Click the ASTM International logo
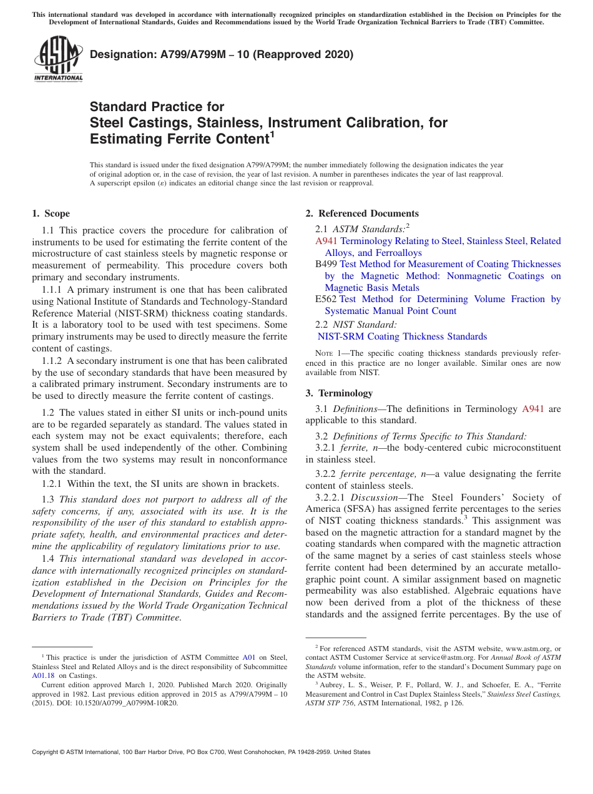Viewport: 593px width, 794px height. (x=58, y=60)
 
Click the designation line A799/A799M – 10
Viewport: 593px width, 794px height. (x=222, y=54)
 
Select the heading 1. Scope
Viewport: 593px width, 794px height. (x=51, y=213)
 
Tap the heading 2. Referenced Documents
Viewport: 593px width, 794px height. (x=362, y=213)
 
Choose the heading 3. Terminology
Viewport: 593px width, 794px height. (x=339, y=393)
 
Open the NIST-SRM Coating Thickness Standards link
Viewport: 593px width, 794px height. (x=402, y=336)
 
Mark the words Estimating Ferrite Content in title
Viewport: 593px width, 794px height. (x=178, y=138)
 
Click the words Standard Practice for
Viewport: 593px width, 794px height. (x=157, y=107)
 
